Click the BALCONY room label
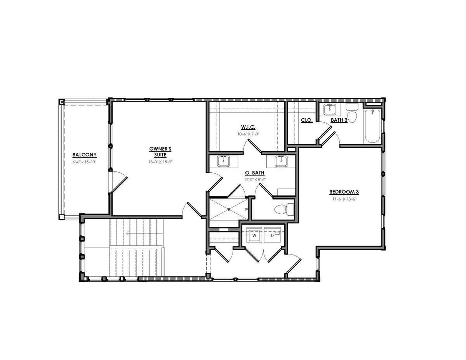pos(84,155)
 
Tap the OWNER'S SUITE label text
pos(160,152)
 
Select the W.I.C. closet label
pos(248,127)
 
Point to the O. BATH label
pos(254,173)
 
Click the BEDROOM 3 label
pos(344,192)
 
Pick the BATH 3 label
pos(339,120)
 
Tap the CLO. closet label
pos(307,120)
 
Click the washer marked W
pos(254,235)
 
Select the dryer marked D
pos(272,235)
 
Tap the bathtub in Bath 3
pos(373,126)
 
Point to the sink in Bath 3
pos(329,109)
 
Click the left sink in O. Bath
pos(223,161)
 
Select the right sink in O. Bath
pos(281,161)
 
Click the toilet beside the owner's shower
pos(284,209)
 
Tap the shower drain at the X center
pos(229,209)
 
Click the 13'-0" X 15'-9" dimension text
pos(161,162)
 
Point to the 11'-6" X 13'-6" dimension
pos(344,199)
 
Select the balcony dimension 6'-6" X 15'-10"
pos(85,162)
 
